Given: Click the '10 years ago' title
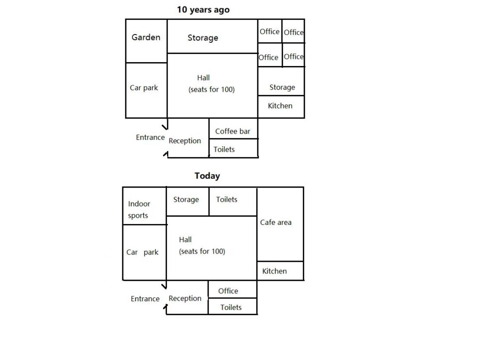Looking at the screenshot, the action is coord(203,10).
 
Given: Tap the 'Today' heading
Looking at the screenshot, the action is coord(207,176).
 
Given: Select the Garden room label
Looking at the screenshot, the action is coord(146,37).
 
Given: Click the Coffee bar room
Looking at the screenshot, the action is coord(232,131).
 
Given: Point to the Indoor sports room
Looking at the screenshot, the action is coord(139,210).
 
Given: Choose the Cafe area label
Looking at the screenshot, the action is coord(276,223).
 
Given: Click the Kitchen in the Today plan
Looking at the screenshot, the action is coord(275,271).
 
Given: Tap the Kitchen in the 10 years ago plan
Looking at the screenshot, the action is coord(280,105).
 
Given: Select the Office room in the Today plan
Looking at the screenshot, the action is coord(228,291).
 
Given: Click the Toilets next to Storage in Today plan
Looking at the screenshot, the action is coord(227,200).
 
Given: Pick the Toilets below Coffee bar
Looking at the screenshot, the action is coord(224,149).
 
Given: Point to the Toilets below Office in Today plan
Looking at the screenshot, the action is coord(231,308).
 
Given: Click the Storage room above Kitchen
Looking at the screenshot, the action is coord(282,87).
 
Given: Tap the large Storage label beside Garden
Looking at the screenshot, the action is coord(203,38).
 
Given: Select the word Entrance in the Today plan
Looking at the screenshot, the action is coord(145,299).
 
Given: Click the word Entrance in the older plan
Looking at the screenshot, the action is coord(150,137).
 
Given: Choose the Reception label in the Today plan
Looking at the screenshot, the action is coord(185,298).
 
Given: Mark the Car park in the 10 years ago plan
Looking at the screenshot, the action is coord(144,88).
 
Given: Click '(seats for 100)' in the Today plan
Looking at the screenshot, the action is coord(202,252).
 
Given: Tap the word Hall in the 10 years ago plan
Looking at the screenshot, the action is coord(203,78).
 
